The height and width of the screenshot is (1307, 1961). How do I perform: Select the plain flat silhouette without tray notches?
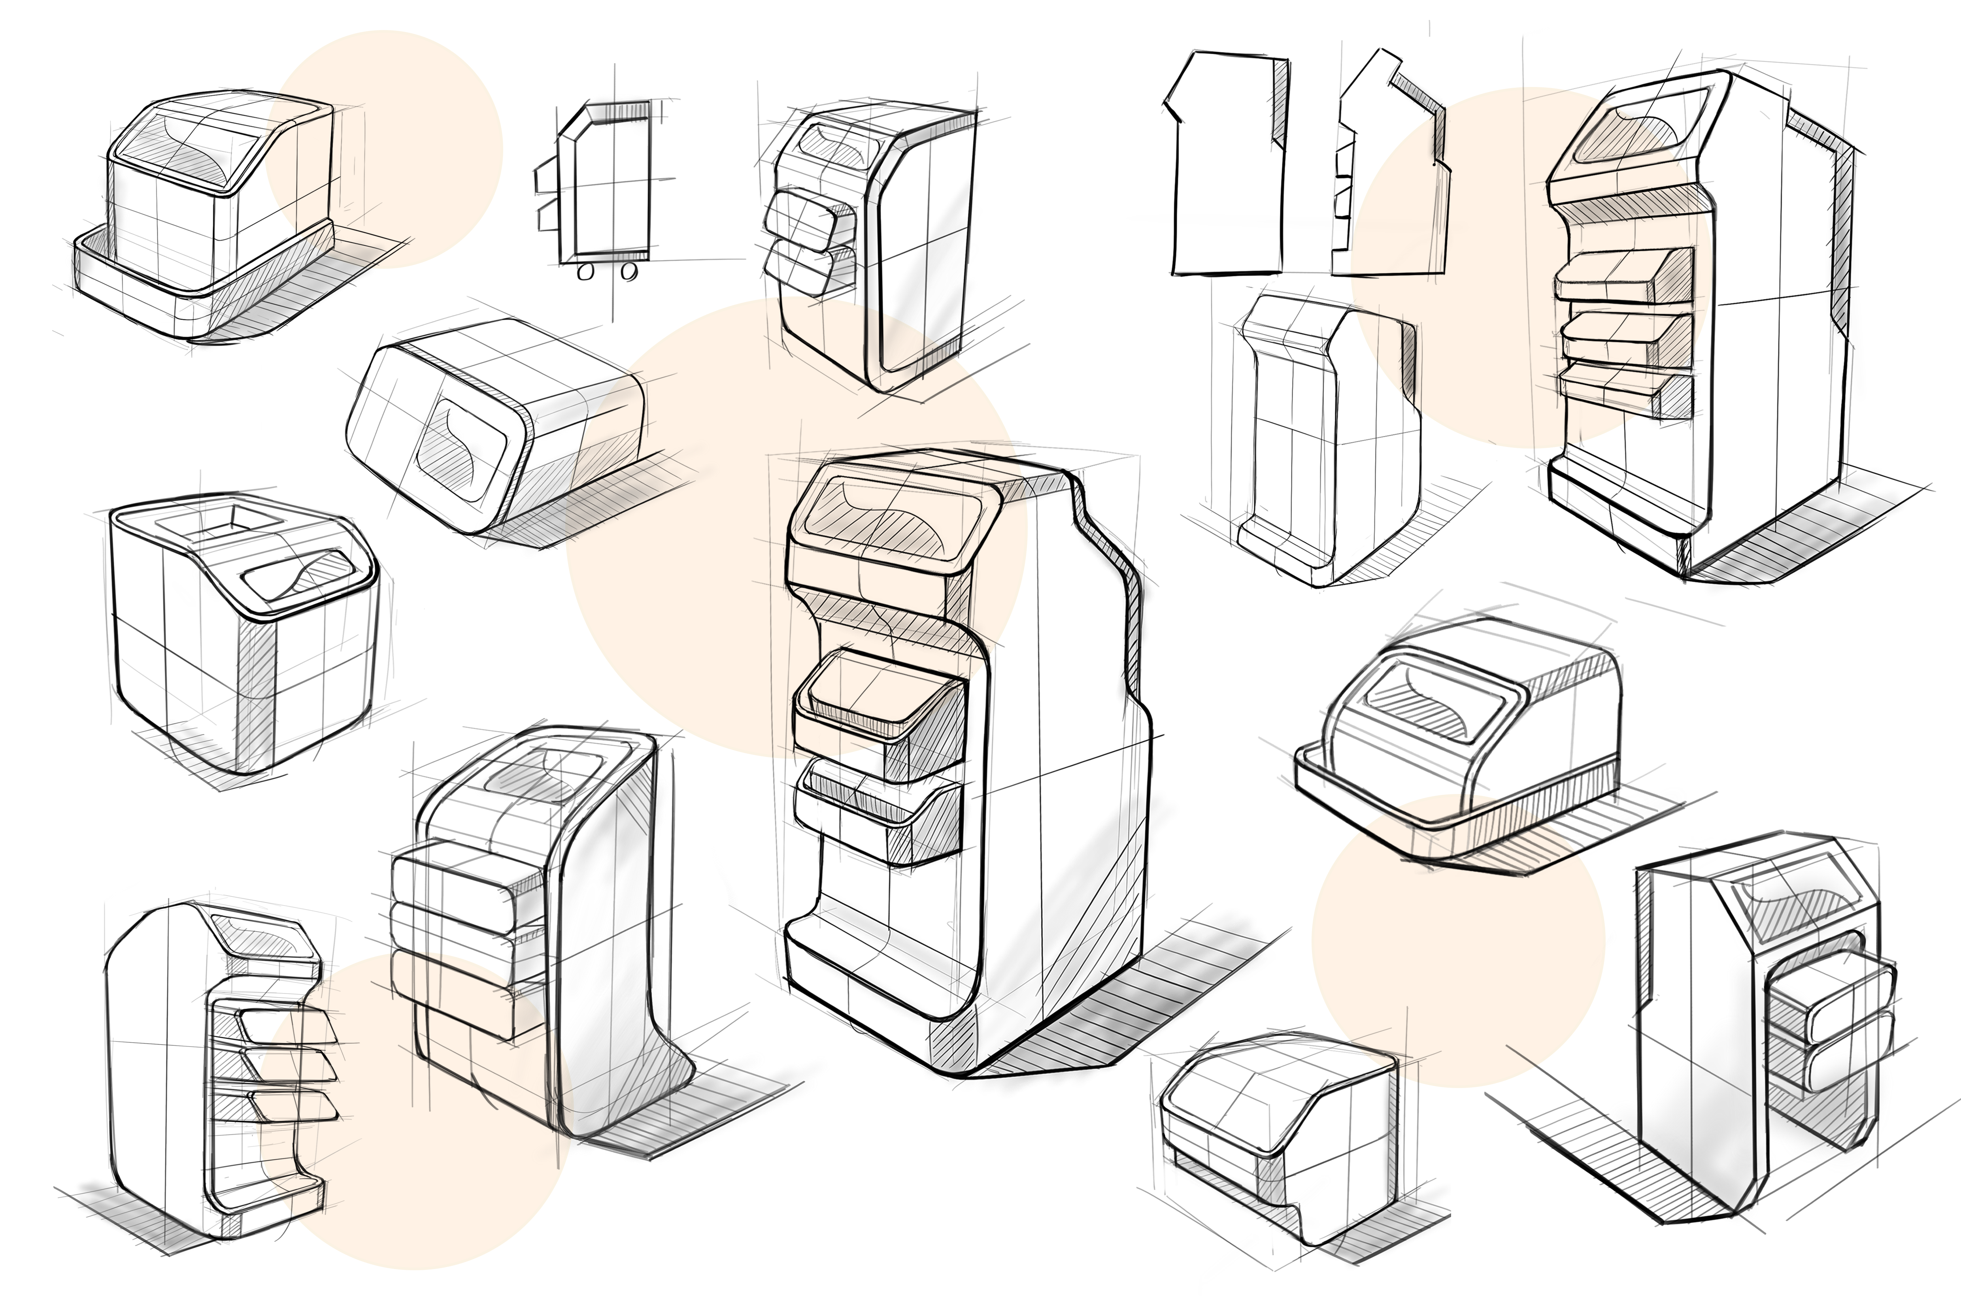tap(1226, 167)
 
